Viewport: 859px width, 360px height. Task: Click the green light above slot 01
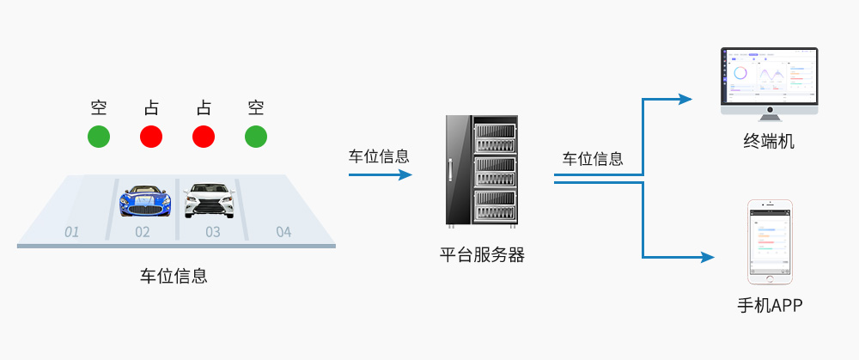[99, 136]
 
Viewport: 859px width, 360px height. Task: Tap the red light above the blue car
[151, 136]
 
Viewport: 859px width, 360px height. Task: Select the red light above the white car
[204, 136]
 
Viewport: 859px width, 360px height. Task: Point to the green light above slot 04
[256, 136]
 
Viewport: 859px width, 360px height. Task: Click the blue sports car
[144, 200]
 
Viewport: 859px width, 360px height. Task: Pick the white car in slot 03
[209, 200]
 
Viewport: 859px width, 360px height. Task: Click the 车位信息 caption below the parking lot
[174, 277]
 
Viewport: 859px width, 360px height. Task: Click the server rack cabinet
[482, 173]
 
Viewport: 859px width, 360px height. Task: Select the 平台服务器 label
[482, 254]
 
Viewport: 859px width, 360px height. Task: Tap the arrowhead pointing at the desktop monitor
[685, 99]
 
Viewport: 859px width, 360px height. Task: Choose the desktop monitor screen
[769, 76]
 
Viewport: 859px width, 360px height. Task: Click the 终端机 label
[769, 140]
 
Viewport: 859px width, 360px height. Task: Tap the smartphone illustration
[769, 242]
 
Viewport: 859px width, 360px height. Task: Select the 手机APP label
[769, 305]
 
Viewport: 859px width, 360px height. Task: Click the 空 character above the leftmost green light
[99, 108]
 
